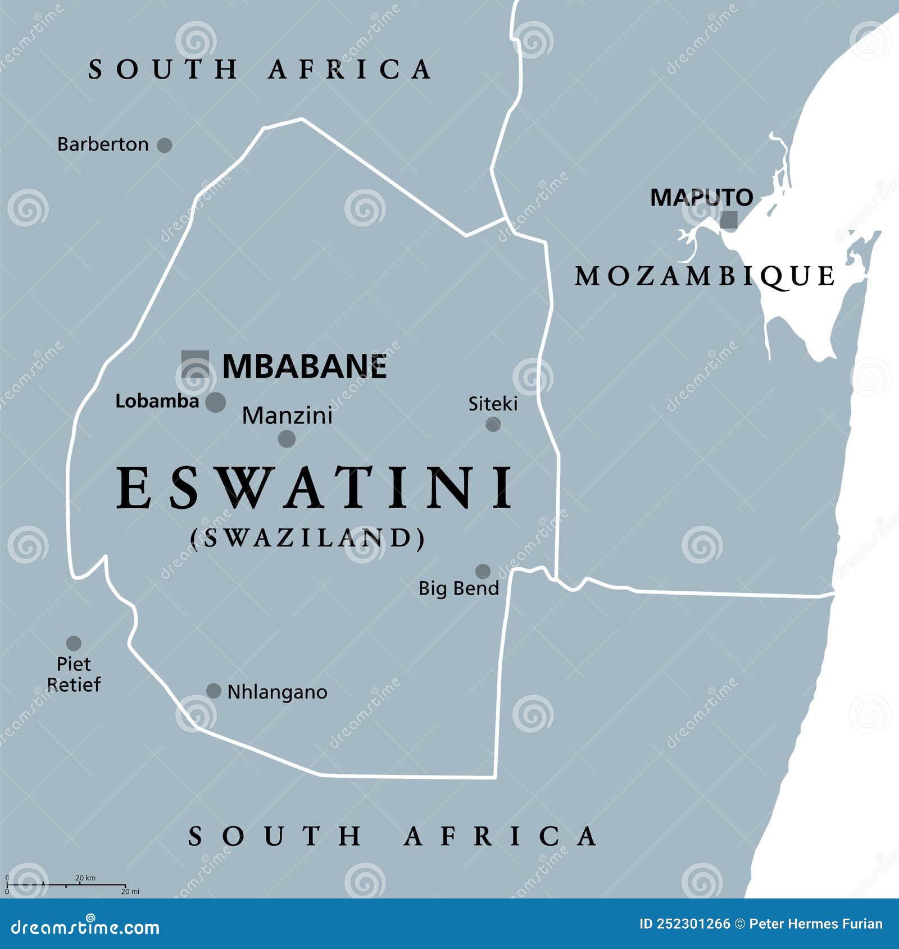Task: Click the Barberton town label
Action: pyautogui.click(x=103, y=144)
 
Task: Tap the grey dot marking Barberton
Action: pyautogui.click(x=164, y=145)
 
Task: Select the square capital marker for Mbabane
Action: pyautogui.click(x=195, y=363)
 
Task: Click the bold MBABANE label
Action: pyautogui.click(x=305, y=367)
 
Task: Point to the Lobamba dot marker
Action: pyautogui.click(x=215, y=402)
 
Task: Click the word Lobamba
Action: pyautogui.click(x=157, y=401)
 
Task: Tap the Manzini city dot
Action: pyautogui.click(x=287, y=439)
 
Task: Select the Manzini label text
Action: pyautogui.click(x=287, y=416)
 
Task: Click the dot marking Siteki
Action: pyautogui.click(x=493, y=424)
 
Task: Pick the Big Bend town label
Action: pyautogui.click(x=458, y=588)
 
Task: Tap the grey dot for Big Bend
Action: pyautogui.click(x=483, y=571)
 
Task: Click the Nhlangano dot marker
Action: pyautogui.click(x=214, y=691)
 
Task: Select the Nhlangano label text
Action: pyautogui.click(x=277, y=692)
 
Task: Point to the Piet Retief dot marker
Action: pyautogui.click(x=74, y=643)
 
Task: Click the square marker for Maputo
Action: pyautogui.click(x=729, y=220)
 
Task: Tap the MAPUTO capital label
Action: pyautogui.click(x=701, y=197)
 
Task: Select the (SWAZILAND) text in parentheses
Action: pyautogui.click(x=308, y=538)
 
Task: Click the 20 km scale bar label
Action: pyautogui.click(x=85, y=878)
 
